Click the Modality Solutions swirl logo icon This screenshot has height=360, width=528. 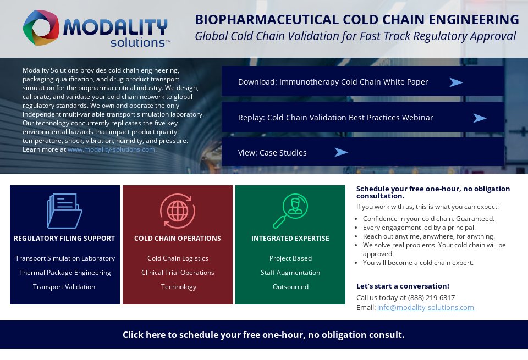tap(41, 27)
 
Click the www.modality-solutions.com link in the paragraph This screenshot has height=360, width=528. tap(111, 149)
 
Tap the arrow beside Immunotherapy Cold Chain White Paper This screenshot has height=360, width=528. tap(456, 82)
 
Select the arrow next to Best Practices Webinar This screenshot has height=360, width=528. tap(480, 118)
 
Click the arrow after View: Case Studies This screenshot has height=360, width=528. tap(341, 152)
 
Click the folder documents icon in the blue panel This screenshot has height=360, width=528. tap(64, 211)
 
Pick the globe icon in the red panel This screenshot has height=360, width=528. tap(177, 211)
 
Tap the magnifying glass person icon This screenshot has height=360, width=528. tap(290, 211)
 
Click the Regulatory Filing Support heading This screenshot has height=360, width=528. tap(64, 239)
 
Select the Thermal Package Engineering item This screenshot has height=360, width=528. tap(65, 273)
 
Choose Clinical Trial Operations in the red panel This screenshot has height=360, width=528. tap(178, 273)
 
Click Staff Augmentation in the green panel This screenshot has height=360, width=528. tap(290, 273)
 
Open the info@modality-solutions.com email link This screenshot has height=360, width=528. tap(426, 308)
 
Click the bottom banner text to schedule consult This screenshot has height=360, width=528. tap(263, 335)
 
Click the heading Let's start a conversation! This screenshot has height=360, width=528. tap(403, 286)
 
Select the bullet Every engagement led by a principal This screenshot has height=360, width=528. tap(419, 228)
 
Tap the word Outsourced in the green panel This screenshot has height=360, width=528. tap(290, 287)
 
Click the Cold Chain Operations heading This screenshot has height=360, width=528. tap(178, 239)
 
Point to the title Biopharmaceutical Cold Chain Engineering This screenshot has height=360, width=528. tap(356, 20)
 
